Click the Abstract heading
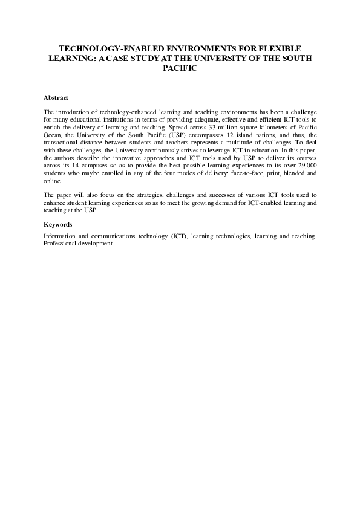56,97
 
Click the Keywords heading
58,225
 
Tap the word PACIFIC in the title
180,68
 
